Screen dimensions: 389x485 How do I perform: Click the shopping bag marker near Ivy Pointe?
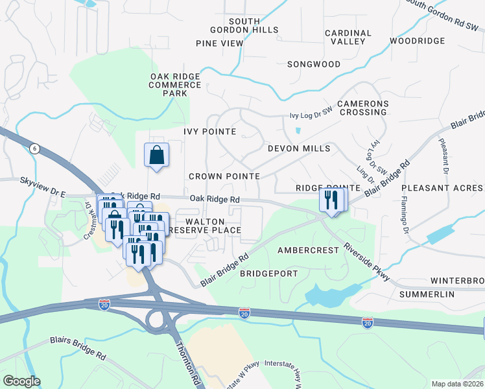(156, 156)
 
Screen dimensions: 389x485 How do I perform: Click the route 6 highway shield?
(35, 148)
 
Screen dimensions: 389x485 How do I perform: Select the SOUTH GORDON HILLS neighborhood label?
(244, 25)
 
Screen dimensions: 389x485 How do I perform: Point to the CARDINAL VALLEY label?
(348, 37)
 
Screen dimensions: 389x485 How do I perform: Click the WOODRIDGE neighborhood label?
(418, 41)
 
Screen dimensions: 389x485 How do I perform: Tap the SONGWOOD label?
(314, 64)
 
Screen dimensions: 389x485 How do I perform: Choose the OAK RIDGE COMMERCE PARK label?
(175, 85)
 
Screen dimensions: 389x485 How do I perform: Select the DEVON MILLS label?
(299, 148)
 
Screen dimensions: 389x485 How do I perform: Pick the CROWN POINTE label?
(224, 176)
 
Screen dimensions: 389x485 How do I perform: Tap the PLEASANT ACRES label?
(442, 188)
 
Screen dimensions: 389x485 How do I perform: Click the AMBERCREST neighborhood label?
(309, 250)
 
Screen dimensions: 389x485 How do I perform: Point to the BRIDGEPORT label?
(269, 274)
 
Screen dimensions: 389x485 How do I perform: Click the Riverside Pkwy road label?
(367, 263)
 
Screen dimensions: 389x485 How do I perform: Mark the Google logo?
(21, 381)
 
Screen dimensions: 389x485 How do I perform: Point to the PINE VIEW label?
(219, 43)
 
